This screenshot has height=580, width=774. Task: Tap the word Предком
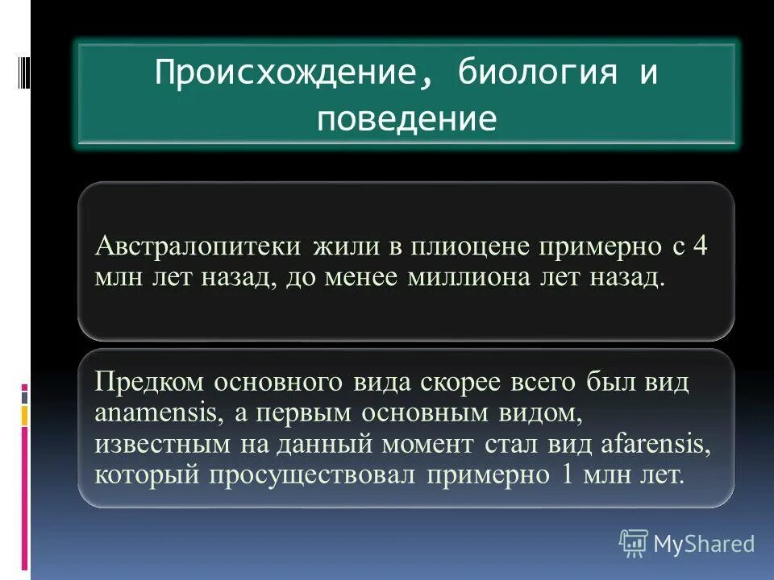[x=151, y=382]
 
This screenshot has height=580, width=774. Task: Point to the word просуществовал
[x=314, y=474]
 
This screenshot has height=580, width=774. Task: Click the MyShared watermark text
[x=704, y=544]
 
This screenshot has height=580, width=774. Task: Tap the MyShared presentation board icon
[x=634, y=544]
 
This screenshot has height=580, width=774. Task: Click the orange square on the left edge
[x=25, y=415]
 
